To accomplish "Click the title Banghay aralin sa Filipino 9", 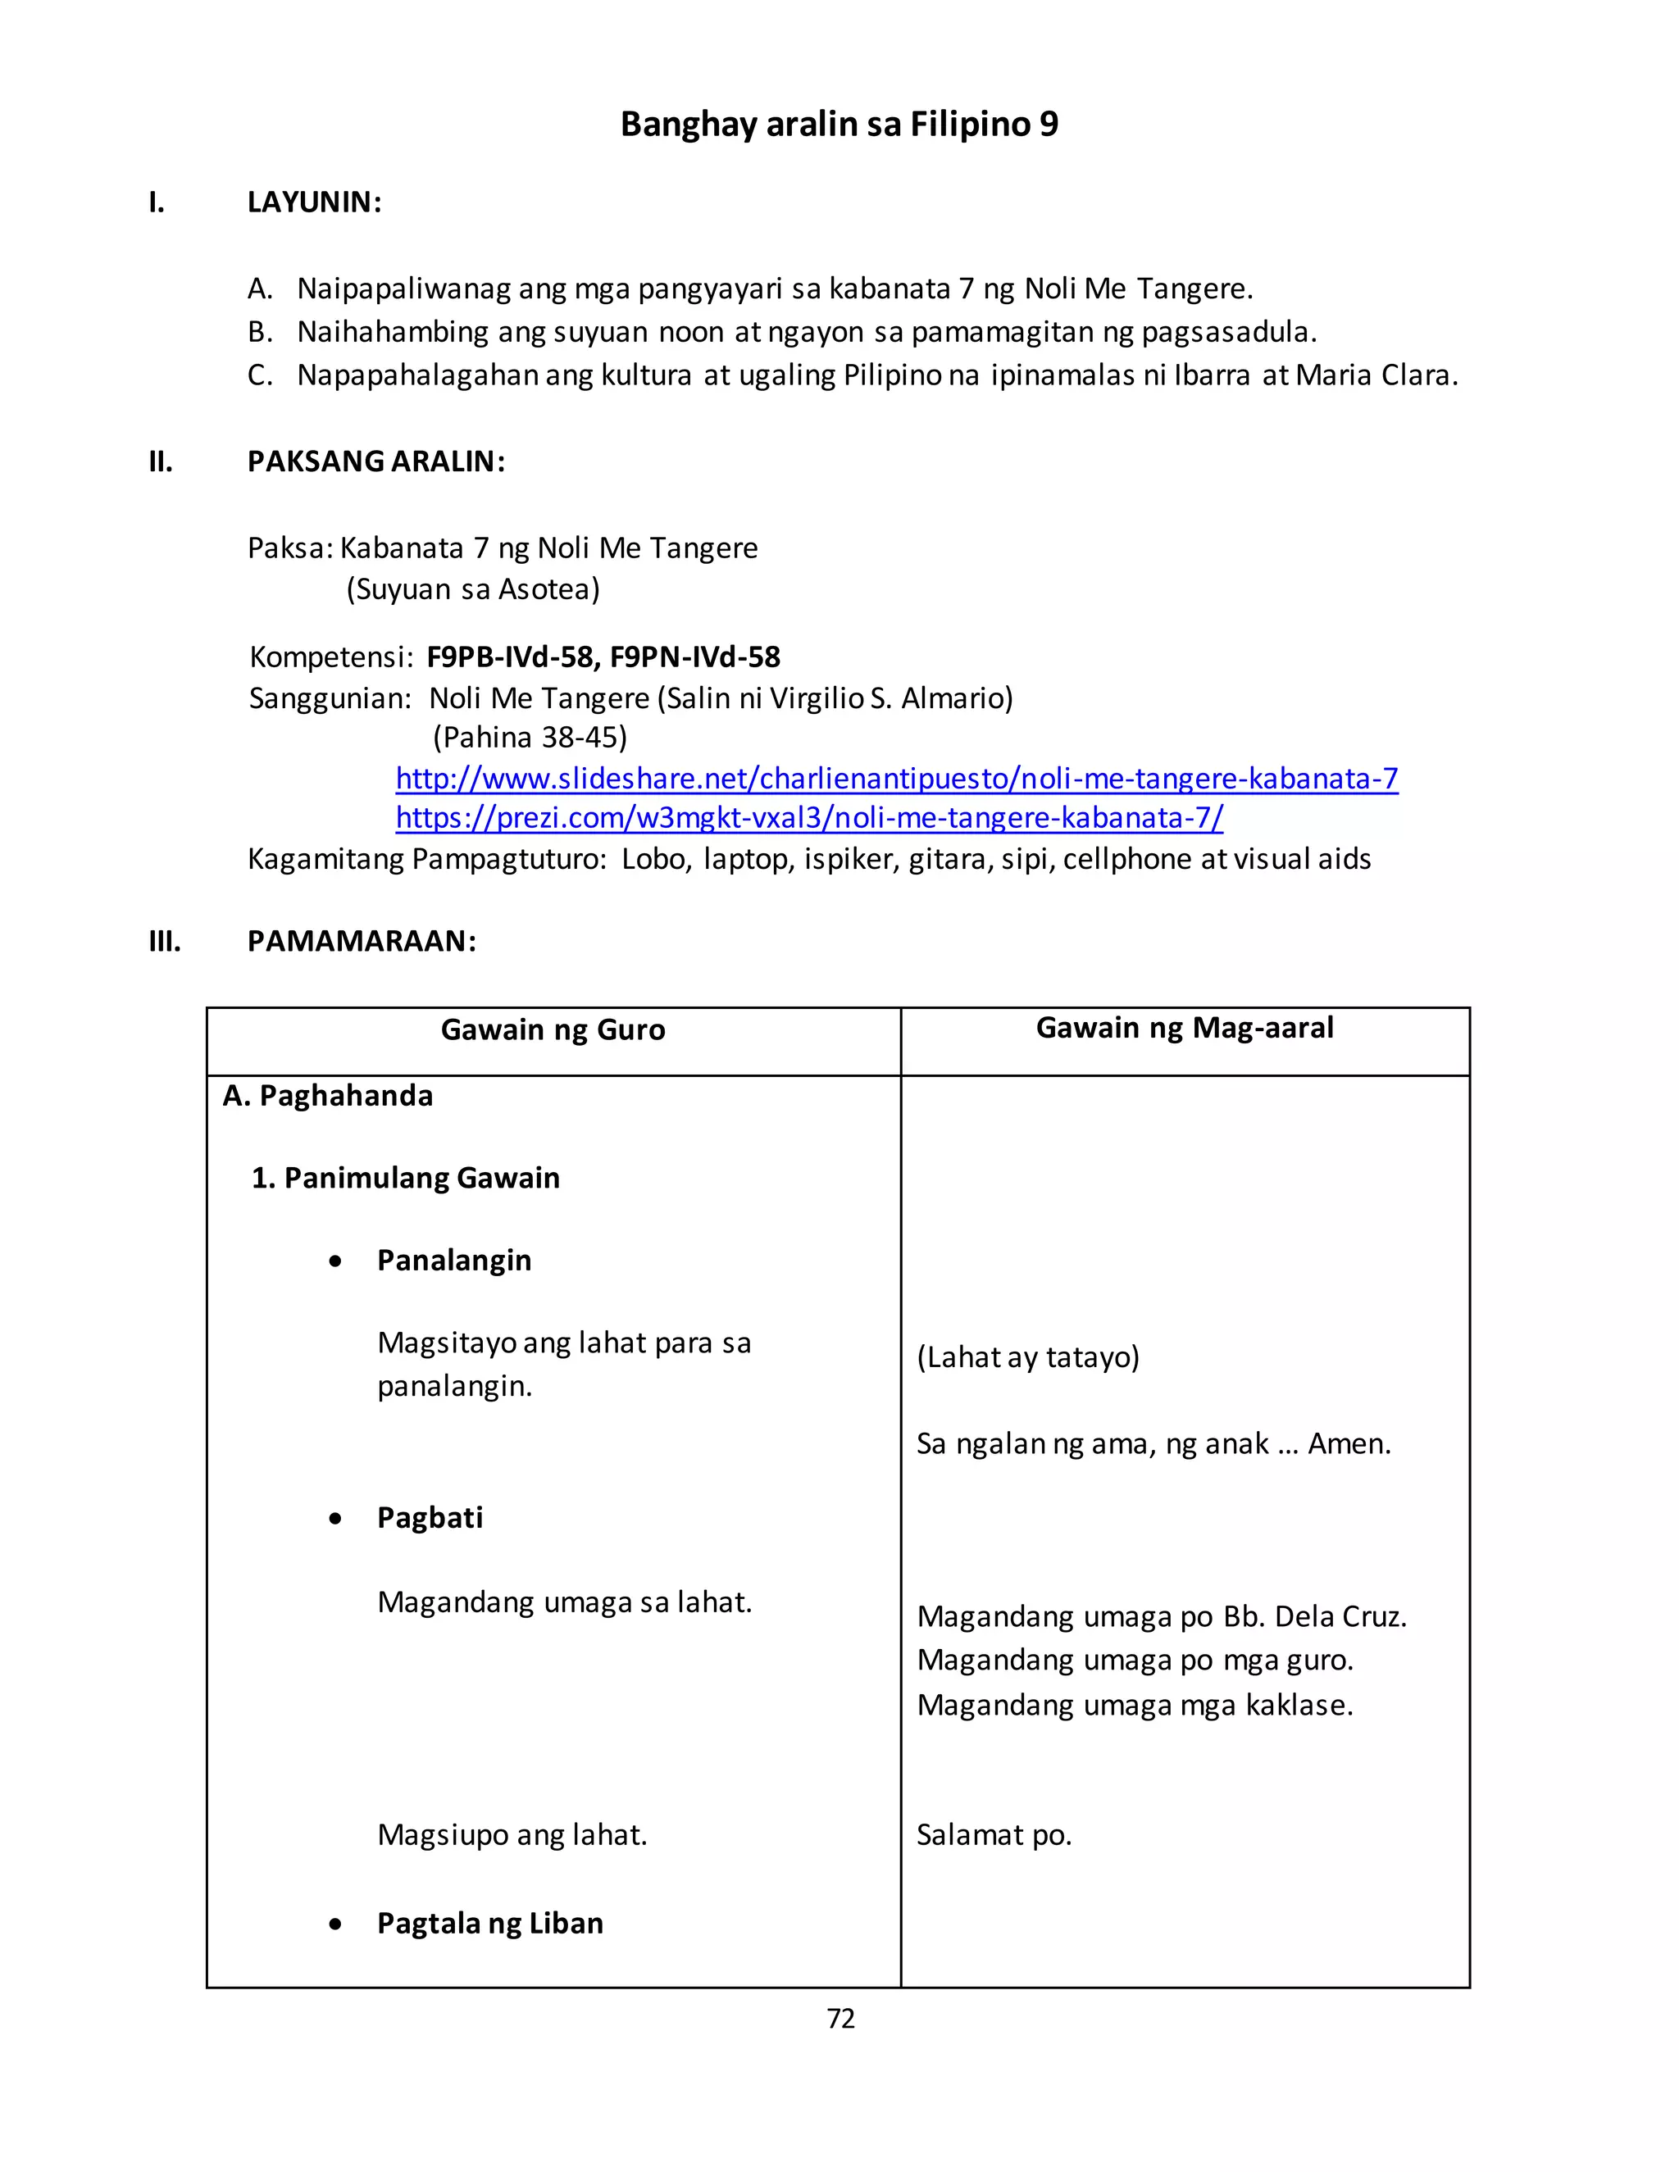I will tap(839, 125).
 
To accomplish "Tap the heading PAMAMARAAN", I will tap(361, 941).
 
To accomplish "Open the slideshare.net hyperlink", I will tap(896, 778).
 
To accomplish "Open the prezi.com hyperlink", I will tap(808, 817).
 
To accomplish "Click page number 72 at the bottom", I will tap(840, 2018).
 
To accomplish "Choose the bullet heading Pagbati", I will tap(430, 1518).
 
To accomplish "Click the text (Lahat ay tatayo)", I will tap(1027, 1356).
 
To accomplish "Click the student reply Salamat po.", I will tap(994, 1835).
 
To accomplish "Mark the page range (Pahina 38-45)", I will tap(529, 737).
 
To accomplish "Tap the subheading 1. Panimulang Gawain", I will tap(405, 1178).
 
